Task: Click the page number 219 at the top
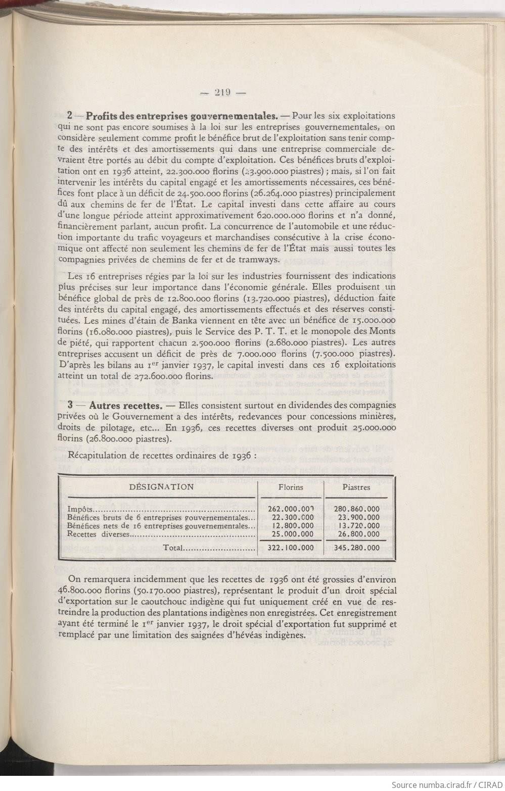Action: coord(222,92)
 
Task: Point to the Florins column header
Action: coord(291,487)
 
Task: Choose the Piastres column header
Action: coord(356,487)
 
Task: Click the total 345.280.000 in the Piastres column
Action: coord(357,547)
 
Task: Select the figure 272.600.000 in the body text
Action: coord(157,376)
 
